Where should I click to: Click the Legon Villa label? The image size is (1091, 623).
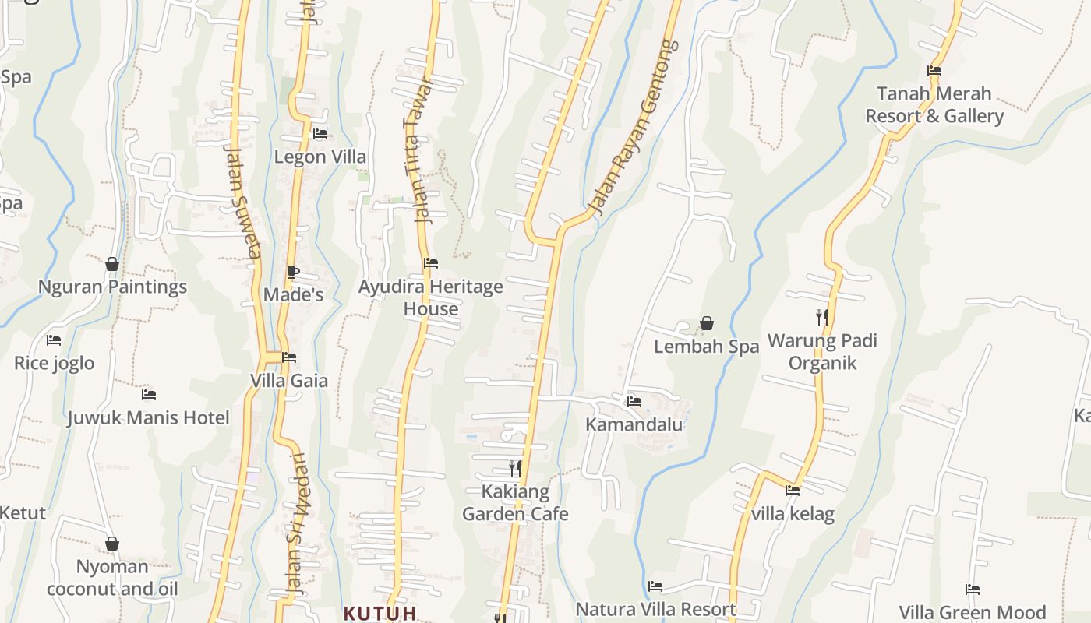click(320, 157)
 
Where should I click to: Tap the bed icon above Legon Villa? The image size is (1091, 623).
click(320, 134)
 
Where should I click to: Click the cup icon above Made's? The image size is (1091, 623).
click(292, 272)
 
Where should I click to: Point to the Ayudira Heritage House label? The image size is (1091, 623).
click(430, 297)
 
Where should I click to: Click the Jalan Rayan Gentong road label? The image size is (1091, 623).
click(632, 128)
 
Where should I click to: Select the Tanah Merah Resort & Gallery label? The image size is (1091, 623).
click(934, 104)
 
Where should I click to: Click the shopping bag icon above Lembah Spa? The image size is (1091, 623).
click(707, 322)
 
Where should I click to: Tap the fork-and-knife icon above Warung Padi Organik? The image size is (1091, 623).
click(821, 317)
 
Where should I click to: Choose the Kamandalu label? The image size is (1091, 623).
click(634, 424)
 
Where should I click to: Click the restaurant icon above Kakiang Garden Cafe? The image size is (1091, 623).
click(514, 469)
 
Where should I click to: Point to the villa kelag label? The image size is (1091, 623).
click(793, 514)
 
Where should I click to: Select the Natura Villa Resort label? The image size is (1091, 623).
click(655, 609)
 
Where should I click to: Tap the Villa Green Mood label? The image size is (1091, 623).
click(972, 612)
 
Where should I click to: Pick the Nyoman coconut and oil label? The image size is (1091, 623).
click(112, 577)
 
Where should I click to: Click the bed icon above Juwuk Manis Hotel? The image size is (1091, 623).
click(148, 395)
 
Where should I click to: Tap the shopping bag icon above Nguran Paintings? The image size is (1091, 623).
click(112, 264)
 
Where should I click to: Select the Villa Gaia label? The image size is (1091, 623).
click(289, 381)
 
